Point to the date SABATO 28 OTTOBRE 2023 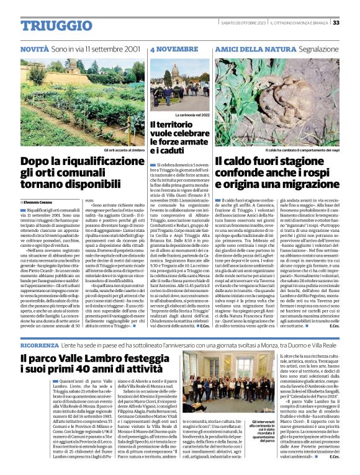point(243,23)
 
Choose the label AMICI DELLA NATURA point(248,48)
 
